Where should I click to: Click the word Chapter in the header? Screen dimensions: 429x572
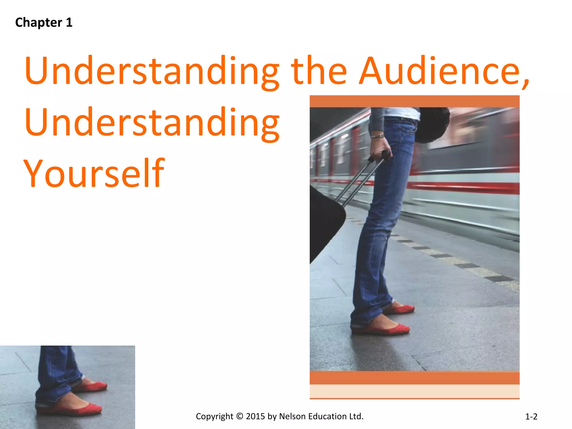point(39,23)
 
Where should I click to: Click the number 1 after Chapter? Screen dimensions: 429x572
point(69,22)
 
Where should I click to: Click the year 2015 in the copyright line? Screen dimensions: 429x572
point(255,416)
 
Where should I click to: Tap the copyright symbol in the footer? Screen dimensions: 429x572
point(240,416)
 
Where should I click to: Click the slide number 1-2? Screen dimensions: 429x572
point(531,417)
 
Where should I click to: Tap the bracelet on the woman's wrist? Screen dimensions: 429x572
point(377,136)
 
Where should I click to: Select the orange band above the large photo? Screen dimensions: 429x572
point(414,101)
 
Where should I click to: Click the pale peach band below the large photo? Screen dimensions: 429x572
point(414,391)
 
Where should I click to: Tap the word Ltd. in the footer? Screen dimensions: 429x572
point(356,416)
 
